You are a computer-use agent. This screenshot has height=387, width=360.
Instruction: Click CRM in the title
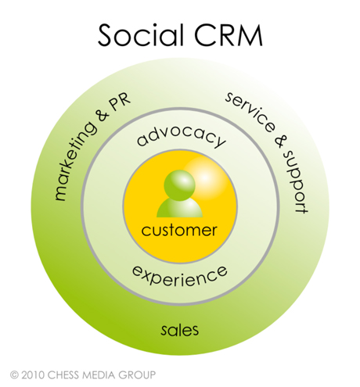point(229,36)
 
